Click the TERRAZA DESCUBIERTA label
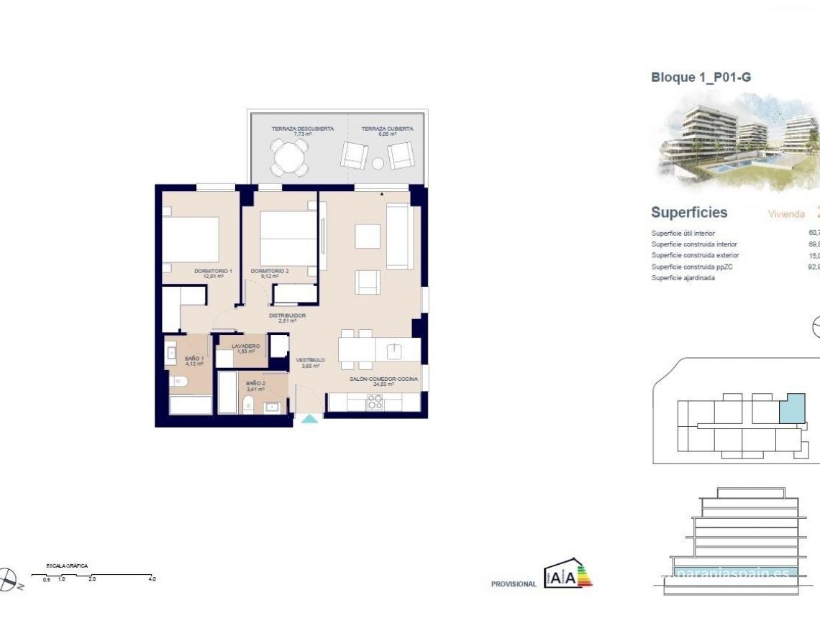302,129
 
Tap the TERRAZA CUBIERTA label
387,129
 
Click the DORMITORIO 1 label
213,271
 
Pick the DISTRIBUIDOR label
288,315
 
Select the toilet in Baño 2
247,405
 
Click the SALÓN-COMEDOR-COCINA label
383,379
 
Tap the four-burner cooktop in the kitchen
374,403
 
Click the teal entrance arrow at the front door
309,418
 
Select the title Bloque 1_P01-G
701,78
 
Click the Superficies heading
689,213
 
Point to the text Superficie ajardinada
683,278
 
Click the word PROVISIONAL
514,584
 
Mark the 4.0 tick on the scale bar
152,578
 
